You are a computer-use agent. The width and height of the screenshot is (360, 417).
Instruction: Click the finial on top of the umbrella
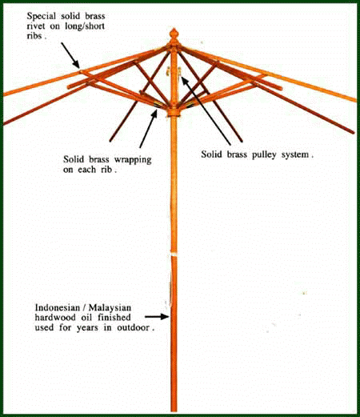[174, 34]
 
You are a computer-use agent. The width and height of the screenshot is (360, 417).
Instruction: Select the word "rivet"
[36, 26]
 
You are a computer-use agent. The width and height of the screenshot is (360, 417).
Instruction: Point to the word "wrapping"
[133, 160]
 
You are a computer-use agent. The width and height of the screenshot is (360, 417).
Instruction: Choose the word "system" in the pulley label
[295, 155]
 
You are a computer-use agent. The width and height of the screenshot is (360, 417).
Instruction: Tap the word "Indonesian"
[58, 307]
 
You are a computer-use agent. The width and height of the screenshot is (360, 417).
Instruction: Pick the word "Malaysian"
[110, 308]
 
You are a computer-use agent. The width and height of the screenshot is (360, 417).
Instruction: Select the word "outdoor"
[133, 327]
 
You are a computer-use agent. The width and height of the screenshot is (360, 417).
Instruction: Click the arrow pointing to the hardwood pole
[157, 317]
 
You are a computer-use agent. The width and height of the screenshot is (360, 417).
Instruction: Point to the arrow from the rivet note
[70, 55]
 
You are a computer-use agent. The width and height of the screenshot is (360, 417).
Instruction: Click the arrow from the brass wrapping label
[149, 129]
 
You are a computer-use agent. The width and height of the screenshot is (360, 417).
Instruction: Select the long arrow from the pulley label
[206, 110]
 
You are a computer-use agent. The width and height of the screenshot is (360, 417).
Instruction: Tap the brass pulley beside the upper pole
[180, 72]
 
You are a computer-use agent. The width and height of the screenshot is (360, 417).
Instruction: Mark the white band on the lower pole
[174, 255]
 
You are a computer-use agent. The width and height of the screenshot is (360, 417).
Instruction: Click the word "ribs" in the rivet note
[35, 36]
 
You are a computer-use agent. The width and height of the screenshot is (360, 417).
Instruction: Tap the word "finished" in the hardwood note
[114, 318]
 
